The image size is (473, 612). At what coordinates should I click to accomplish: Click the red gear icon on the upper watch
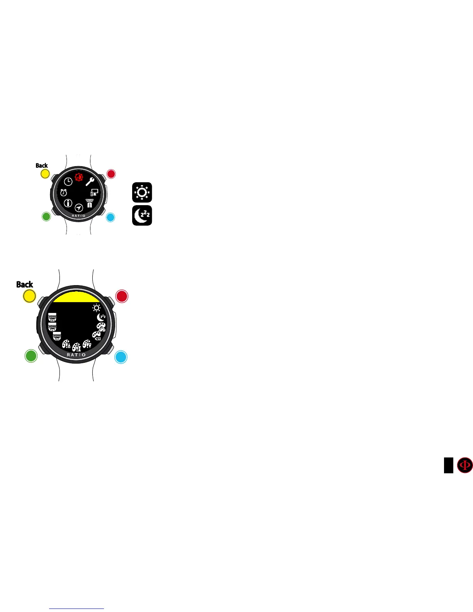pyautogui.click(x=79, y=177)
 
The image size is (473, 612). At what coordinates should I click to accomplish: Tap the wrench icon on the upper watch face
pyautogui.click(x=90, y=182)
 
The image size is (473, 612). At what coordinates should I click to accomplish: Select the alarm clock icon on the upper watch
pyautogui.click(x=63, y=192)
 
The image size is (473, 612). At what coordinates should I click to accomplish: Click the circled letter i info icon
pyautogui.click(x=68, y=203)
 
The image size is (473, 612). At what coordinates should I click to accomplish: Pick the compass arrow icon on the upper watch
pyautogui.click(x=79, y=207)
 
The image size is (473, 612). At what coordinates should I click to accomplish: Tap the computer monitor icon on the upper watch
pyautogui.click(x=94, y=192)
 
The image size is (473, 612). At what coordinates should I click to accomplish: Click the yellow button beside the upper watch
pyautogui.click(x=45, y=174)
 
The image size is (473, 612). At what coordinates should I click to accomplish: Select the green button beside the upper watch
pyautogui.click(x=46, y=217)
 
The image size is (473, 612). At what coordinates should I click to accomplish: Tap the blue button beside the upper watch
pyautogui.click(x=111, y=217)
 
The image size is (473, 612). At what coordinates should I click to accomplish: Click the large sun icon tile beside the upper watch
pyautogui.click(x=142, y=192)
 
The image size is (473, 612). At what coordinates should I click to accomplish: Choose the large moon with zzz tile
pyautogui.click(x=142, y=216)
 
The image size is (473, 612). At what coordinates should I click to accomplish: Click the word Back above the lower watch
pyautogui.click(x=25, y=284)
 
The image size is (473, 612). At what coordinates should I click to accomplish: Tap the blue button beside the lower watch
pyautogui.click(x=121, y=357)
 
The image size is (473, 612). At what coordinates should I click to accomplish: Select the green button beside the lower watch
pyautogui.click(x=31, y=355)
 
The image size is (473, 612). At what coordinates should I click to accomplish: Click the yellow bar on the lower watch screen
pyautogui.click(x=76, y=297)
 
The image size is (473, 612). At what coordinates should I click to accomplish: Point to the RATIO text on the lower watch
pyautogui.click(x=76, y=355)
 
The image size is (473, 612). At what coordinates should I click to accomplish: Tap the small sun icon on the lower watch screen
pyautogui.click(x=96, y=308)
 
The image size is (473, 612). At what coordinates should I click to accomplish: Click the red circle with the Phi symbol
pyautogui.click(x=465, y=465)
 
